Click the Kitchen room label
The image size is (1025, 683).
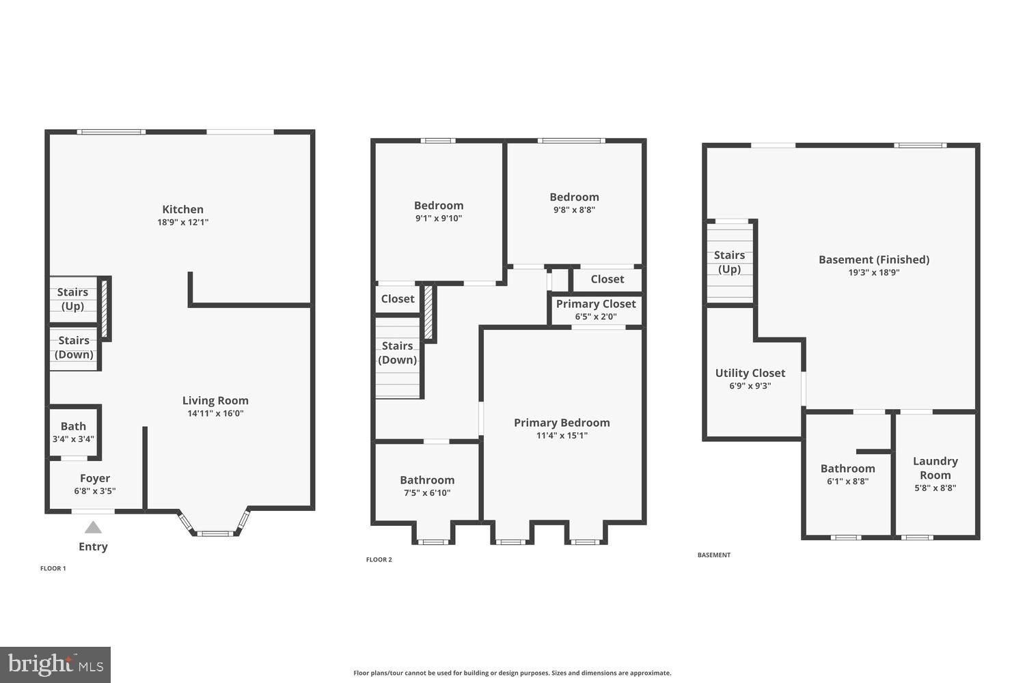(182, 210)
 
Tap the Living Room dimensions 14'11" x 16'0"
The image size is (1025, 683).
(215, 413)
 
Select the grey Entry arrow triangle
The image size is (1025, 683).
(93, 527)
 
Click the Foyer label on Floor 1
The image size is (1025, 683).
(94, 479)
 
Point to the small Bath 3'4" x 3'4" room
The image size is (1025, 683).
(73, 432)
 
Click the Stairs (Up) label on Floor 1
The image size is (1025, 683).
(72, 299)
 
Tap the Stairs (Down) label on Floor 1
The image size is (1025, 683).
(74, 347)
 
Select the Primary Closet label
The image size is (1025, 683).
(596, 304)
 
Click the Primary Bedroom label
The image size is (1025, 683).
(562, 423)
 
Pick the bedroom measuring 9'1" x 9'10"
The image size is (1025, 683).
(439, 211)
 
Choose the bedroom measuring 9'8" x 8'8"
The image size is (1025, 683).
(574, 203)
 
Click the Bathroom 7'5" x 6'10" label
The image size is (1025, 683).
(427, 480)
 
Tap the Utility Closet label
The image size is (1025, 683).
(750, 374)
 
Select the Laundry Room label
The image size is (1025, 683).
(935, 469)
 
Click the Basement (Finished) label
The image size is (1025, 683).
(873, 260)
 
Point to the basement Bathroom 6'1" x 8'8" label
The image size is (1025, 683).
(847, 469)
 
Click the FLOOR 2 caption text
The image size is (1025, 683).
(379, 560)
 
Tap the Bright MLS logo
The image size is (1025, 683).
(55, 665)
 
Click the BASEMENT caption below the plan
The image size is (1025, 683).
(713, 555)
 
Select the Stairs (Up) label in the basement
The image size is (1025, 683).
(729, 262)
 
